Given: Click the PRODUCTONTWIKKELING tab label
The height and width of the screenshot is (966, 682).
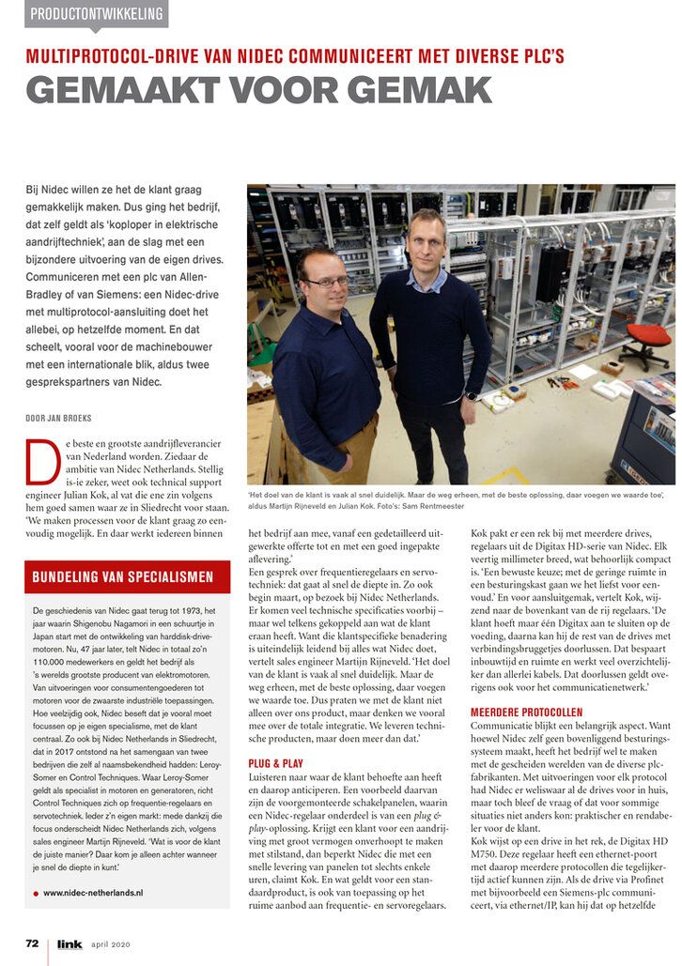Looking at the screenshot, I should [97, 15].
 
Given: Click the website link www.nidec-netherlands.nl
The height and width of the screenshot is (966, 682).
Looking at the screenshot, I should [93, 893].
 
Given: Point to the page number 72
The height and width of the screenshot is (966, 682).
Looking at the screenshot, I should [32, 943].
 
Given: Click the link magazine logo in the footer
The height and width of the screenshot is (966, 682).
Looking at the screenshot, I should [69, 944].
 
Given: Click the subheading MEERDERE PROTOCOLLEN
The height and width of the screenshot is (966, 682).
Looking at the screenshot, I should [526, 685].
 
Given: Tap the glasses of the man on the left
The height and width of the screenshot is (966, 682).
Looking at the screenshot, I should [325, 281].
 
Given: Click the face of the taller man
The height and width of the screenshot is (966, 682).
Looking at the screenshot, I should [427, 241].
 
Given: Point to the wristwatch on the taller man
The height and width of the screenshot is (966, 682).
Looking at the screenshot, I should [471, 395].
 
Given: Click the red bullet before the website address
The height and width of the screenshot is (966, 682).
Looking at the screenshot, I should [36, 894].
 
